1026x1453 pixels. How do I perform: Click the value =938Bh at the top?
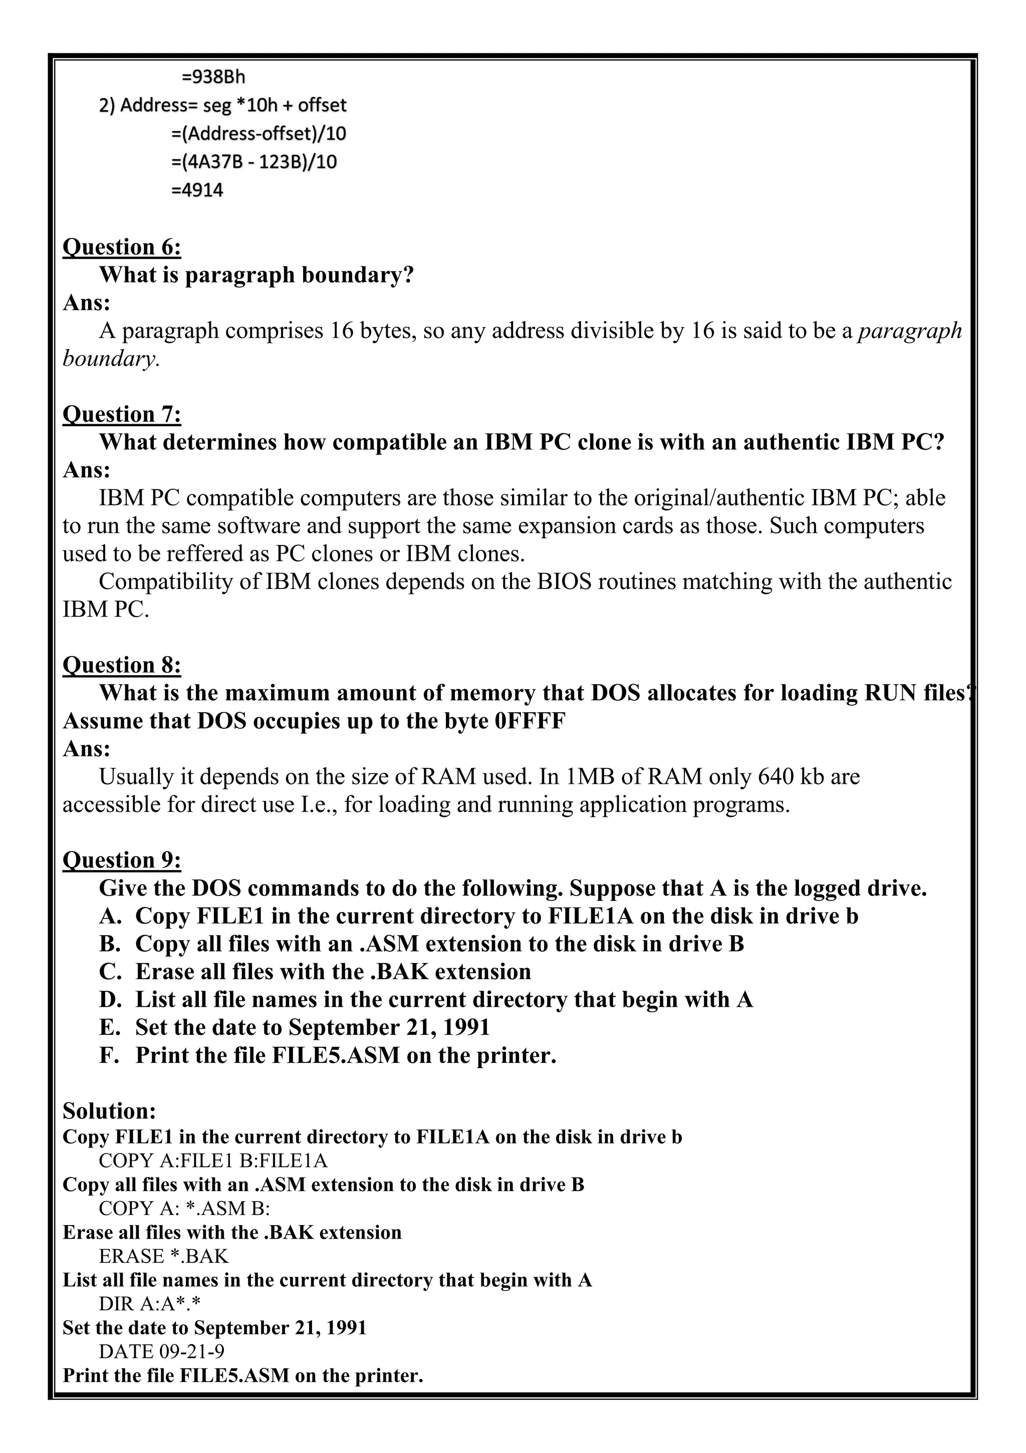coord(213,77)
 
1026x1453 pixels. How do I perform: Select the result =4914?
coord(197,190)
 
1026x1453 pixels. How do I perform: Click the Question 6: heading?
coord(122,247)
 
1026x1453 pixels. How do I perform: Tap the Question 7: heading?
coord(122,415)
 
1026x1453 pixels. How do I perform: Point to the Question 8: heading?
coord(122,665)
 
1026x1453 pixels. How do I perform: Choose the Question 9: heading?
coord(122,860)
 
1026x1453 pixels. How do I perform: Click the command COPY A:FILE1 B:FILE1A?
coord(213,1160)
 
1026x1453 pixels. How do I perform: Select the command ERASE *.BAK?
coord(163,1256)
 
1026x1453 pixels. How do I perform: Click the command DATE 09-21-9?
coord(161,1352)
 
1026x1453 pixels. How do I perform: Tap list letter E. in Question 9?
coord(110,1027)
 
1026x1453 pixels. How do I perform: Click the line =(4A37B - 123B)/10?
coord(254,162)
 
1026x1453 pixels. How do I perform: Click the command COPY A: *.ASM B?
coord(184,1208)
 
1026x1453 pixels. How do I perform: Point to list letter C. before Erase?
coord(110,971)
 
